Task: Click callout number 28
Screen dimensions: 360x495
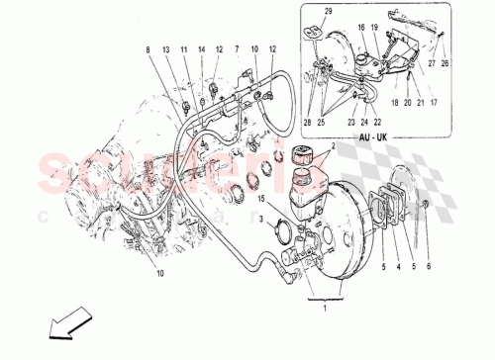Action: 308,124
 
